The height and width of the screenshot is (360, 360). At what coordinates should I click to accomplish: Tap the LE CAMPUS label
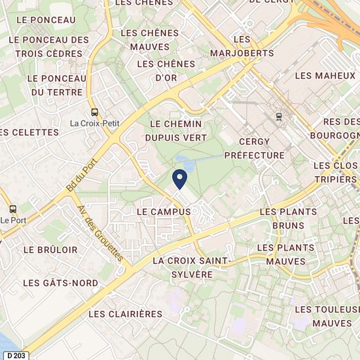tap(164, 212)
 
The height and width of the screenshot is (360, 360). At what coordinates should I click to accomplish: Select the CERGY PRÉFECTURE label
tap(254, 149)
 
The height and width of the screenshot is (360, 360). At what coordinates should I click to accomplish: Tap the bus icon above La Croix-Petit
tap(95, 111)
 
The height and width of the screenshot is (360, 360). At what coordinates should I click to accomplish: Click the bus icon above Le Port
tap(12, 209)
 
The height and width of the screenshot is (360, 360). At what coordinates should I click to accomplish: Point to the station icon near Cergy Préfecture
tap(279, 117)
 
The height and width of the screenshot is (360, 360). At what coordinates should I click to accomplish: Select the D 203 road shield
tap(17, 355)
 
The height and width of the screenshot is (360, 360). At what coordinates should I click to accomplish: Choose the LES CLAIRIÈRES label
tap(125, 314)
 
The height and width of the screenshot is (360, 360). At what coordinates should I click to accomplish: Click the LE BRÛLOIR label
tap(50, 250)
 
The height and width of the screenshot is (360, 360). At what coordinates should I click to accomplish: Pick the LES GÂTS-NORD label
tap(60, 283)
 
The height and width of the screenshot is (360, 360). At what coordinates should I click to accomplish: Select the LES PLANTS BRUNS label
tap(288, 219)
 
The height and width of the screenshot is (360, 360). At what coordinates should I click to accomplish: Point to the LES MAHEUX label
tap(325, 76)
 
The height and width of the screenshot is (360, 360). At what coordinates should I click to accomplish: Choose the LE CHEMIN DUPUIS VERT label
tap(175, 130)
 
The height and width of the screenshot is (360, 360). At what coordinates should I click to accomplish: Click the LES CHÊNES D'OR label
tap(167, 70)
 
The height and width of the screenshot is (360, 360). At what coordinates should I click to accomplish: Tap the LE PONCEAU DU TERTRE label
tap(57, 85)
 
